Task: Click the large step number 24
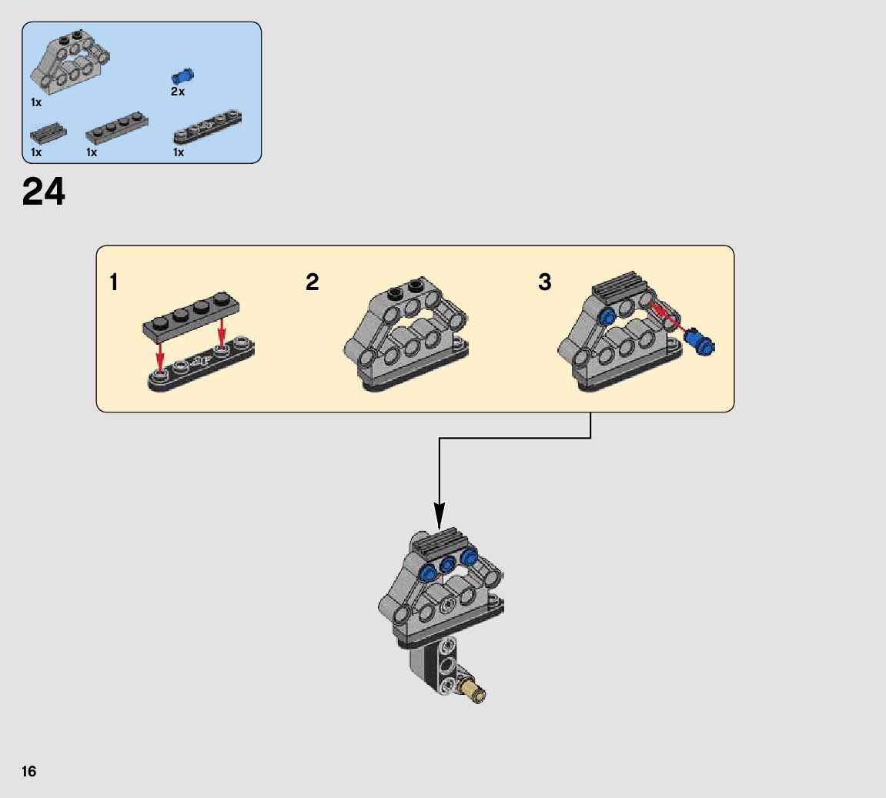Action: pyautogui.click(x=44, y=192)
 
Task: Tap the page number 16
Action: pyautogui.click(x=29, y=771)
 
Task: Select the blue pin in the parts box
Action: pyautogui.click(x=182, y=76)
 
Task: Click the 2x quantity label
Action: pyautogui.click(x=178, y=92)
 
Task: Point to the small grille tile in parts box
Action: pyautogui.click(x=48, y=132)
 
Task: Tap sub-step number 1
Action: pyautogui.click(x=114, y=282)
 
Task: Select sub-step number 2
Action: pyautogui.click(x=312, y=282)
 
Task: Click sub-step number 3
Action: pyautogui.click(x=545, y=282)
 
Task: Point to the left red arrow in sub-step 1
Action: pyautogui.click(x=159, y=353)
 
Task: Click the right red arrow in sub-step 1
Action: pyautogui.click(x=222, y=332)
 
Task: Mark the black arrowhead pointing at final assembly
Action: pyautogui.click(x=439, y=516)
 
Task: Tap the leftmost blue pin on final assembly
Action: pyautogui.click(x=430, y=572)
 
